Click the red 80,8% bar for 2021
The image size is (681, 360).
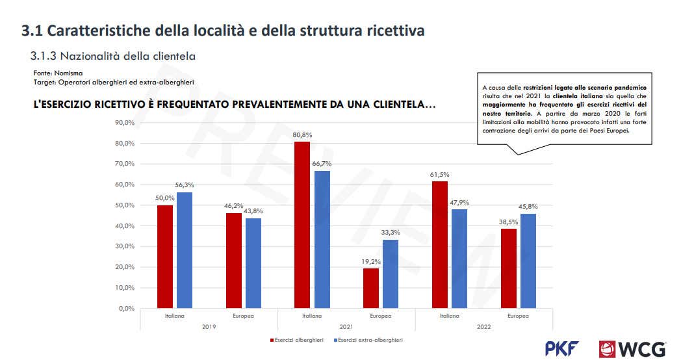302,224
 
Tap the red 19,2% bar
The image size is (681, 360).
370,288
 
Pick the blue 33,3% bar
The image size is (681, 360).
391,274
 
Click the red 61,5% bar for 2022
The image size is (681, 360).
439,244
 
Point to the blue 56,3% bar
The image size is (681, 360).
185,250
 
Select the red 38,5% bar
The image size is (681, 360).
508,268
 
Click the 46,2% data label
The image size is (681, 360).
233,206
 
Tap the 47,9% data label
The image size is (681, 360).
459,202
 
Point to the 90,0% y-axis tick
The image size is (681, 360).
124,123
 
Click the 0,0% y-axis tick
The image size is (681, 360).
126,309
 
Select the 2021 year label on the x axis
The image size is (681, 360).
346,326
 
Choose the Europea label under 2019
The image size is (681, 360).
243,316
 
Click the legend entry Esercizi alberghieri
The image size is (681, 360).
298,339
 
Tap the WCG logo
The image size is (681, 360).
632,348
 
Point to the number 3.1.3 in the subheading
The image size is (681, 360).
43,57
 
